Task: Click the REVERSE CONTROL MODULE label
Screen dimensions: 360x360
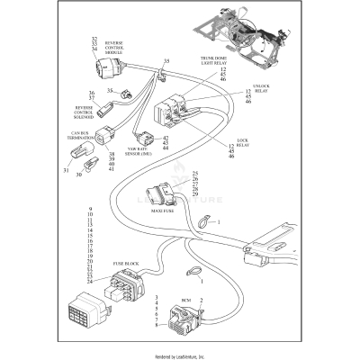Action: [x=115, y=48]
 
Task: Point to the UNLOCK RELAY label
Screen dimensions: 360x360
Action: [x=260, y=88]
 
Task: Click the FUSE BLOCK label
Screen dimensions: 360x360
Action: [x=125, y=264]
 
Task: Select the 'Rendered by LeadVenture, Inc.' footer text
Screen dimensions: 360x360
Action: [x=180, y=355]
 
